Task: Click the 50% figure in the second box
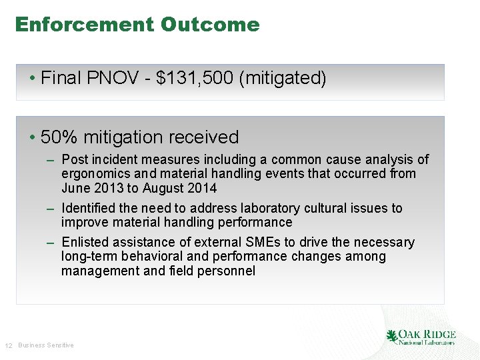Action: click(59, 137)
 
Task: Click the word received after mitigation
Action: click(203, 137)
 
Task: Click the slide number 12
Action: click(9, 345)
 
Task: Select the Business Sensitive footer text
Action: click(46, 345)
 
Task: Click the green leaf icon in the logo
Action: click(391, 336)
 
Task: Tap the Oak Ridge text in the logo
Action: click(427, 334)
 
